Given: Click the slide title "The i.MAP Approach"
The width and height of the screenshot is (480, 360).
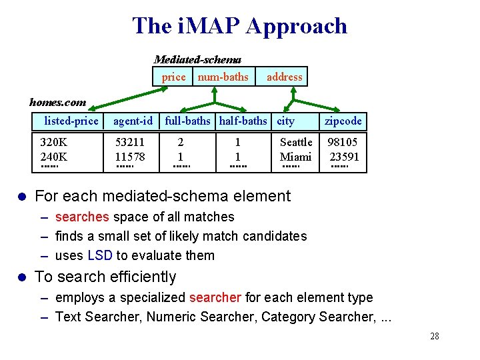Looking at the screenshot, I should click(240, 26).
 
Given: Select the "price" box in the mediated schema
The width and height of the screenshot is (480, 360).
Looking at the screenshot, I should click(173, 77).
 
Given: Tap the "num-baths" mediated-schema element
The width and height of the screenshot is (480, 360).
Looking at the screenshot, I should click(223, 77).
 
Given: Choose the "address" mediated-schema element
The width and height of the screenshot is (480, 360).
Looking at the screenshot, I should click(284, 77).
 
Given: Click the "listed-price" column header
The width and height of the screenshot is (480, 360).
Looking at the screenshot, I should click(71, 121).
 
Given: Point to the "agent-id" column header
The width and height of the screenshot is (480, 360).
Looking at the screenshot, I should click(133, 121).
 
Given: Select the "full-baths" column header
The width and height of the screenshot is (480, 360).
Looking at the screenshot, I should click(188, 121).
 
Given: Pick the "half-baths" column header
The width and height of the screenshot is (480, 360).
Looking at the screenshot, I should click(243, 121).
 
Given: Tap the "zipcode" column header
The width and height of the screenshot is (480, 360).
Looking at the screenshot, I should click(343, 121).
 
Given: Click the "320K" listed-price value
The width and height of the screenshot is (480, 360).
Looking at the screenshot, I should click(53, 142).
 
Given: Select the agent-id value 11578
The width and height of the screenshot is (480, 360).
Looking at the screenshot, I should click(130, 157).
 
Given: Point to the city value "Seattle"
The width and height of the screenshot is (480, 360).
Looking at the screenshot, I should click(296, 142).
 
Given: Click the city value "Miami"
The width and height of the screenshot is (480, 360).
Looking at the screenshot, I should click(296, 157).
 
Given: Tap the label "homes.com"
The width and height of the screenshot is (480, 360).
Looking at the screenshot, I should click(57, 102).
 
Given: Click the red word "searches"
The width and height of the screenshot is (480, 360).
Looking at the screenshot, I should click(82, 217).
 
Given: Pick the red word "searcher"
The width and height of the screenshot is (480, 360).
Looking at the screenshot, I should click(215, 297).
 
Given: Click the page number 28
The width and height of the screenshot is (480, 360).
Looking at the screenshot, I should click(435, 336).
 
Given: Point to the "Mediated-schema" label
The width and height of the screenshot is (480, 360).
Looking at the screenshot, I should click(197, 59).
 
